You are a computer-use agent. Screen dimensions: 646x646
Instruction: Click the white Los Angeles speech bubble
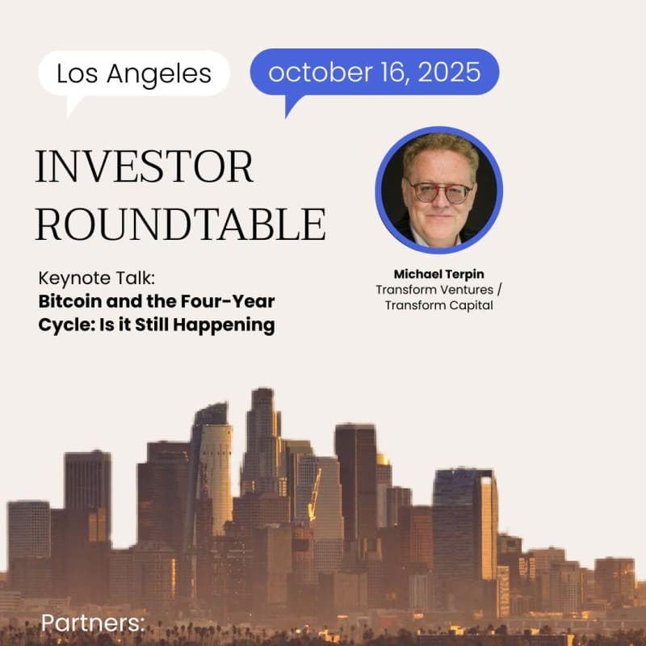[134, 73]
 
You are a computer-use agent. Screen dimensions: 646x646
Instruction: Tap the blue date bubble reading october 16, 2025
[375, 72]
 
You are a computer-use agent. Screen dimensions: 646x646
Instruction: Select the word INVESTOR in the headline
[145, 166]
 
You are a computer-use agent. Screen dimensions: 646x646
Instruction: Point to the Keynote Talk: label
[96, 279]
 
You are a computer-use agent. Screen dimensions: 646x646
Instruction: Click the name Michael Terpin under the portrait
[438, 274]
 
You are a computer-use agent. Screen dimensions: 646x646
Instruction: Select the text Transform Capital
[438, 304]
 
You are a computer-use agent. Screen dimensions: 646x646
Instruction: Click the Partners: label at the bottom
[93, 623]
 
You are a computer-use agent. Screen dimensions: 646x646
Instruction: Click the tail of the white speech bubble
[75, 104]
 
